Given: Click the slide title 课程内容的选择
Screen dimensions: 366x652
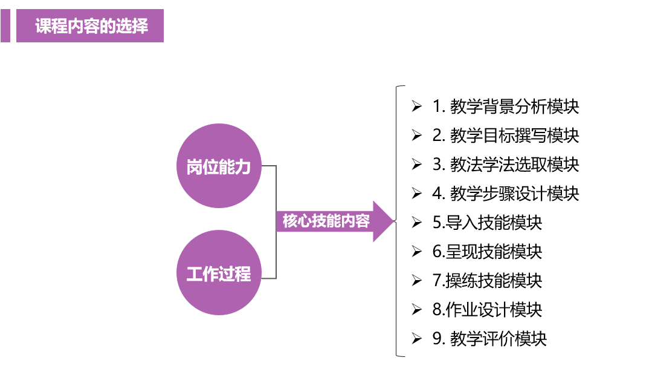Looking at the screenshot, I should (91, 27).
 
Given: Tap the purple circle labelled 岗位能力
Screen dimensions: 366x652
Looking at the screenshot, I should (219, 166).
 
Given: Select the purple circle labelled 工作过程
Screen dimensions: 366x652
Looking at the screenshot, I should (219, 273).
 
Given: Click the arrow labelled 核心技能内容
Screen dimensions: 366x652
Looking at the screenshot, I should (326, 221).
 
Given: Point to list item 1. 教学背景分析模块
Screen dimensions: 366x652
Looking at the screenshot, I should (505, 106).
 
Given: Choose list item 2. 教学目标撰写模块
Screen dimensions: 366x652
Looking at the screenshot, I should (505, 136).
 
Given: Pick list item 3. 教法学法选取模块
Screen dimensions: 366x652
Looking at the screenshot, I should (505, 165).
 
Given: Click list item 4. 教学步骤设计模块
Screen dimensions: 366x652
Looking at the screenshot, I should (505, 194).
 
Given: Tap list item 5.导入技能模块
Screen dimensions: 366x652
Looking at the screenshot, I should (487, 223).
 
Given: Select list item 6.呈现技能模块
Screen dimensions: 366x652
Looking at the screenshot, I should (487, 252).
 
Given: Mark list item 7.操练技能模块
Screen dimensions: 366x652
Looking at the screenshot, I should (487, 281).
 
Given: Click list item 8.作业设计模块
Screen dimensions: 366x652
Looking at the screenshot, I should (487, 310).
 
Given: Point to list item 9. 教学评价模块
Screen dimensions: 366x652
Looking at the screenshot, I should (489, 339).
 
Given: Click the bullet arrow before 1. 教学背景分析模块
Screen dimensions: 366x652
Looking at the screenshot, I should (416, 106).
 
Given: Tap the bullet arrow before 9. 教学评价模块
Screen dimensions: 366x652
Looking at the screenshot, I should (416, 339).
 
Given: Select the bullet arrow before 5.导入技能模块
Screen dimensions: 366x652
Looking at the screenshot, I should (416, 223).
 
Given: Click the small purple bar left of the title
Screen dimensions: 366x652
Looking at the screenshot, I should (5, 26).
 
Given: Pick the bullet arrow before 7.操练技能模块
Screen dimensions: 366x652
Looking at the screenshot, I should (416, 281).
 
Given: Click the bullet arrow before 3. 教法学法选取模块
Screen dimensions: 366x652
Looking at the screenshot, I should (416, 165).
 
